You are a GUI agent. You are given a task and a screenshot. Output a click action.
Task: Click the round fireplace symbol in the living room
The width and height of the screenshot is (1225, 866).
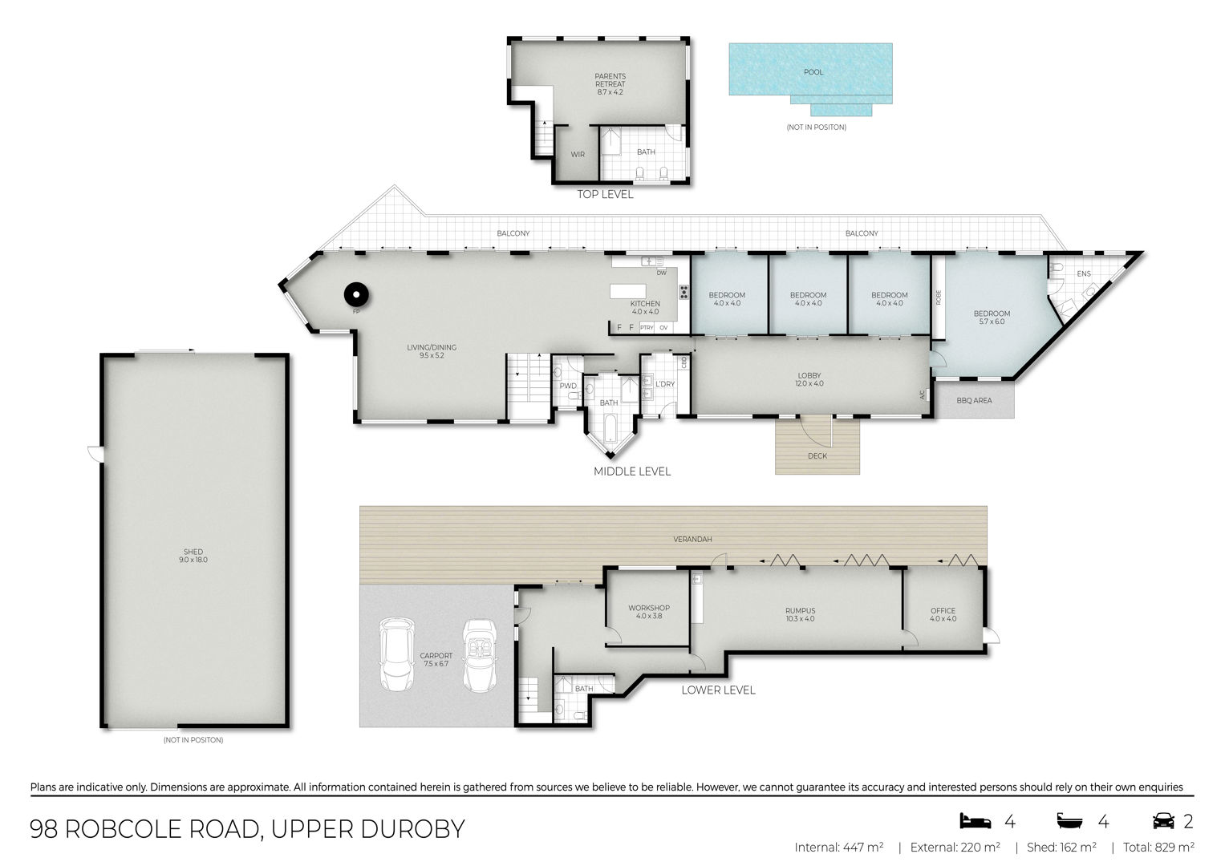click(x=356, y=295)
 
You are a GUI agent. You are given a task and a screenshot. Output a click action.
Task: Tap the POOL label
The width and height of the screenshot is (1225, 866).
click(x=813, y=72)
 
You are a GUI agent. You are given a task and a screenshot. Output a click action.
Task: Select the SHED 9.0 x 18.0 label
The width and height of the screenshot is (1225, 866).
click(x=193, y=556)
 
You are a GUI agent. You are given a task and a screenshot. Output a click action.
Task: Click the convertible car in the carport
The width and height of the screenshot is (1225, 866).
click(x=479, y=656)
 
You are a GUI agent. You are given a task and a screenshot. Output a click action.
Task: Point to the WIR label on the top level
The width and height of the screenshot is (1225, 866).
click(x=578, y=155)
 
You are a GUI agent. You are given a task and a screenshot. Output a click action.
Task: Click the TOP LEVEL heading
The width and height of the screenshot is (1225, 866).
click(x=605, y=194)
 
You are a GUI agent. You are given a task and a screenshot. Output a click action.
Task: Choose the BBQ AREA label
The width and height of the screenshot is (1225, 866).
click(x=974, y=401)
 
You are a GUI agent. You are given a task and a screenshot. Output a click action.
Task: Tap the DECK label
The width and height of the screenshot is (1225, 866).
click(x=817, y=456)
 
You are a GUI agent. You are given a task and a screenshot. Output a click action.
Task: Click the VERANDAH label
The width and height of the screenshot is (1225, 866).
click(x=692, y=539)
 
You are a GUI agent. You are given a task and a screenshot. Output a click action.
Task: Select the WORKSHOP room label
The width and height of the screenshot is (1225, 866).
click(x=648, y=608)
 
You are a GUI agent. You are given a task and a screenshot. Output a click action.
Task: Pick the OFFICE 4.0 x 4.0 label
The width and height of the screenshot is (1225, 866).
click(x=943, y=614)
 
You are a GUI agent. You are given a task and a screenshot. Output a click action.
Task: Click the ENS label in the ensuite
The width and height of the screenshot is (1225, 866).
click(x=1083, y=274)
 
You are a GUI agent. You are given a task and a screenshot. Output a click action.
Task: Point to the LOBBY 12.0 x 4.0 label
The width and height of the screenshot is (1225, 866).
click(x=809, y=379)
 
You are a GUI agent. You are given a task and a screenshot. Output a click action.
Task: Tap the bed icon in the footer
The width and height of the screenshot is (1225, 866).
click(x=975, y=820)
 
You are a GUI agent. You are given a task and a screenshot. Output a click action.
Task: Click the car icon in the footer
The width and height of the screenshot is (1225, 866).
click(x=1163, y=820)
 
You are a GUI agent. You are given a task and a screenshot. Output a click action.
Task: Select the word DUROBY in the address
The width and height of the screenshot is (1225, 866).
click(x=413, y=829)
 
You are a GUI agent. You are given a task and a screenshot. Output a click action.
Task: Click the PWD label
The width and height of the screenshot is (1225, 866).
click(x=568, y=386)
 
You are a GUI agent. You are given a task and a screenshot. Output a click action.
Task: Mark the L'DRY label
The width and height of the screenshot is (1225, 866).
click(x=664, y=384)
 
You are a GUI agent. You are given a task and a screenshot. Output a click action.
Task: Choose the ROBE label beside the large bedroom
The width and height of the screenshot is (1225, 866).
click(x=939, y=297)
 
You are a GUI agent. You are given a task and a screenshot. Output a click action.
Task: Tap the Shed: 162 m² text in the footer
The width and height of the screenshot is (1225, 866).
click(x=1061, y=848)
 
